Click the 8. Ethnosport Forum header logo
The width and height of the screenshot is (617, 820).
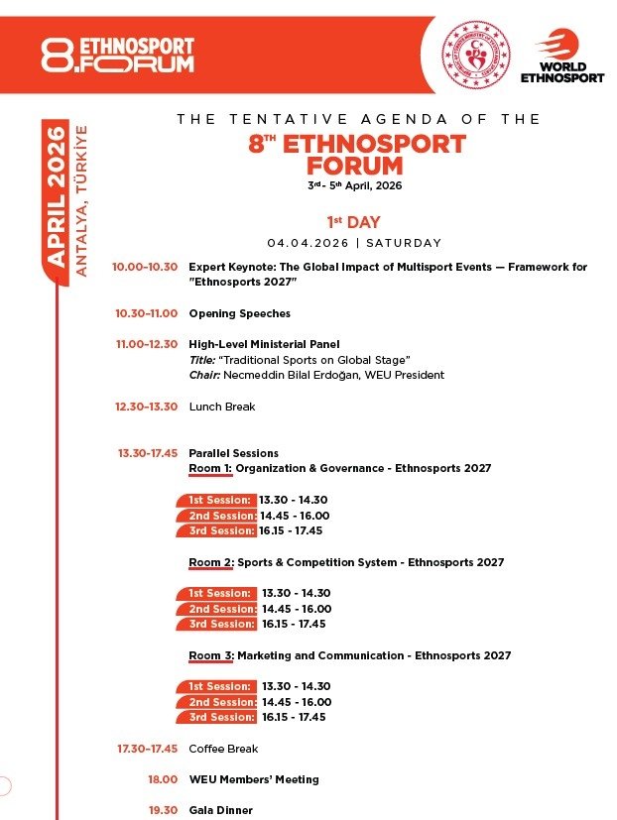point(117,56)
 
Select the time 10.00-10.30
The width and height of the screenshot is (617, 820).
point(145,267)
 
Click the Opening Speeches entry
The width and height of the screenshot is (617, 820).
point(239,313)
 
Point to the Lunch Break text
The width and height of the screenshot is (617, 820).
point(222,407)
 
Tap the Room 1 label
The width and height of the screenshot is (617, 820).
point(210,468)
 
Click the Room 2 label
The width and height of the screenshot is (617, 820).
point(210,562)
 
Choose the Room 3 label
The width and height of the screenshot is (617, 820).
point(210,655)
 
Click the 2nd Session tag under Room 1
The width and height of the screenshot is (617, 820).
point(219,516)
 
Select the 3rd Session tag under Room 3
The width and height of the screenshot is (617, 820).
point(219,717)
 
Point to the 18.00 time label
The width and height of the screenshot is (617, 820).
point(163,779)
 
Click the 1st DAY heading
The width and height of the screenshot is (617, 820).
point(353,223)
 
